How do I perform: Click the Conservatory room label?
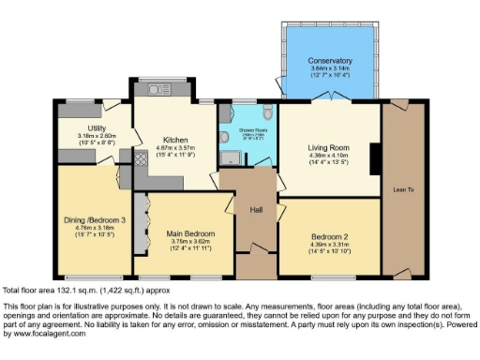click(x=330, y=61)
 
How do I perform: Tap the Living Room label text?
click(x=329, y=148)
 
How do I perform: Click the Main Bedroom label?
click(x=191, y=233)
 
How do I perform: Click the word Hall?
click(x=256, y=209)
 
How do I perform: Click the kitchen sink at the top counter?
click(x=156, y=90)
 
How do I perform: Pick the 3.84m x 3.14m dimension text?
click(x=330, y=68)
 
